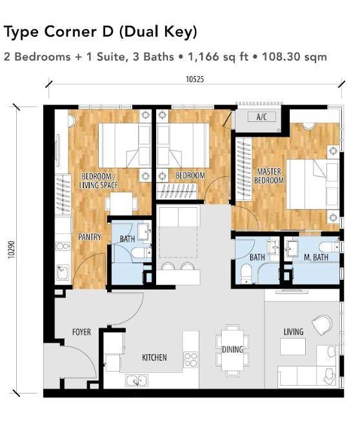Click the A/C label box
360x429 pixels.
click(x=262, y=117)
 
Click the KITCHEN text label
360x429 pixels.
click(x=155, y=357)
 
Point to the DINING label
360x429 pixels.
click(x=232, y=350)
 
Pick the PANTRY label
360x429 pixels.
click(x=90, y=237)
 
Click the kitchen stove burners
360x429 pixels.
click(x=190, y=358)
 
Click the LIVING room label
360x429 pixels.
click(x=294, y=332)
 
